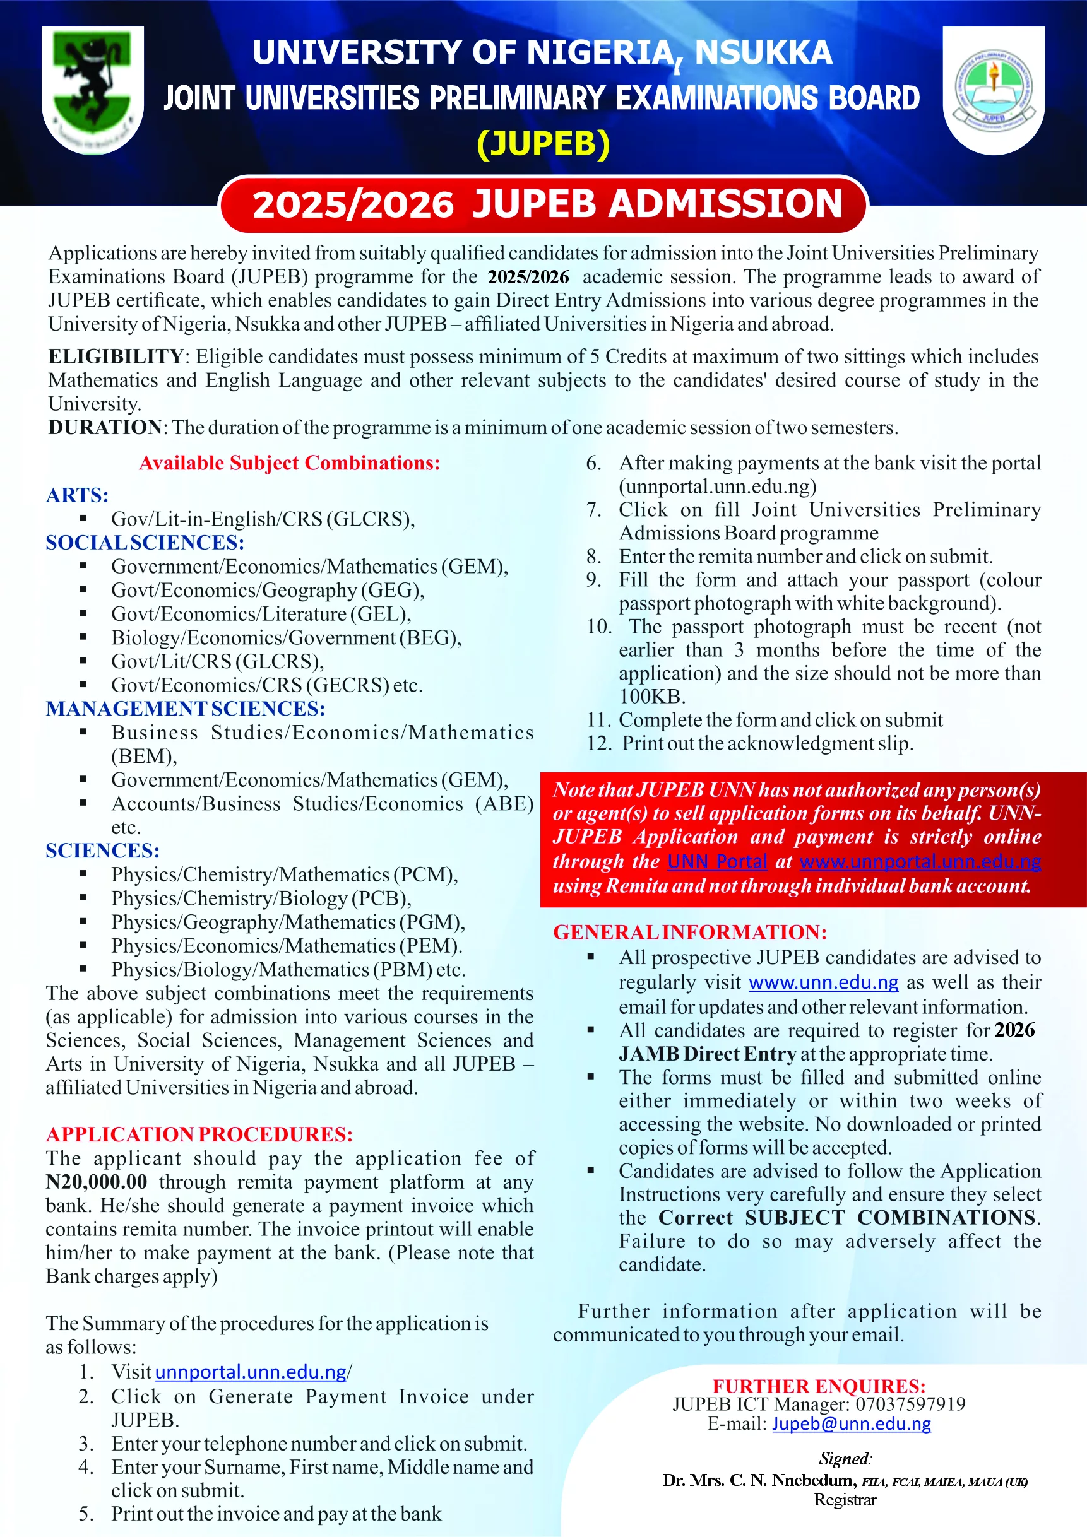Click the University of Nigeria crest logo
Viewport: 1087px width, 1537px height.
click(x=92, y=90)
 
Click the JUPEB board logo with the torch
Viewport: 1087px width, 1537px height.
click(x=993, y=90)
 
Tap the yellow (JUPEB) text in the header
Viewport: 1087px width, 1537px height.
click(x=543, y=144)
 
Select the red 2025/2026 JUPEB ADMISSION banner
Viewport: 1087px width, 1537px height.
click(x=543, y=204)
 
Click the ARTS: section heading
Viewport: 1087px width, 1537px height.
click(x=77, y=495)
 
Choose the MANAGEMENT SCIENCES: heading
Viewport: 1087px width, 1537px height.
click(x=186, y=709)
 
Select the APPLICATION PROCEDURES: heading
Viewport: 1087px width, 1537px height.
click(x=199, y=1134)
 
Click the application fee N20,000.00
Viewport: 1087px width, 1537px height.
click(x=97, y=1182)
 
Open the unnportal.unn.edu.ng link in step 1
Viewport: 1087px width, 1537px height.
click(x=251, y=1372)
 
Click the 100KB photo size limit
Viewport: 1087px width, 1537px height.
click(x=651, y=696)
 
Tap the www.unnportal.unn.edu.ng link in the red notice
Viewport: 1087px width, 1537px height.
click(x=920, y=861)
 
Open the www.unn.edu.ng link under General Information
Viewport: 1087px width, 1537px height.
click(x=823, y=982)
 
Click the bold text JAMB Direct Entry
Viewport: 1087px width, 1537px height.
click(x=706, y=1054)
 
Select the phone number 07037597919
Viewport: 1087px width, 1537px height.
click(x=910, y=1404)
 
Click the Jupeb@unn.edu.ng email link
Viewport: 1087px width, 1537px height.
click(x=852, y=1423)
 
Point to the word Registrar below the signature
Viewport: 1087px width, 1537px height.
click(x=845, y=1500)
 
